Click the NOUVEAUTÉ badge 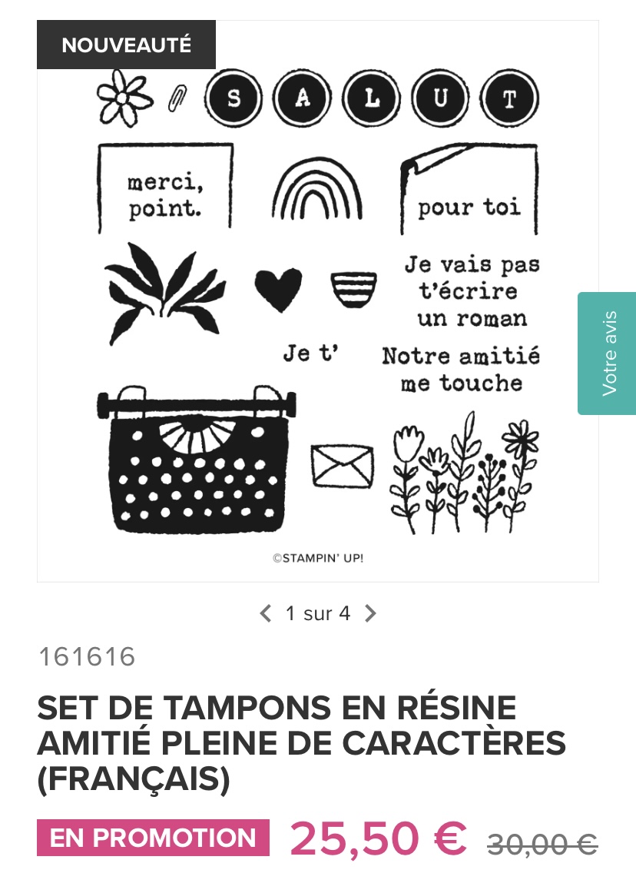[126, 45]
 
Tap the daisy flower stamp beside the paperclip [124, 98]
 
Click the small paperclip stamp [177, 98]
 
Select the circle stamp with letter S [234, 98]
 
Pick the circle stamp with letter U [440, 98]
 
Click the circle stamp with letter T [509, 98]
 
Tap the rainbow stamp [317, 188]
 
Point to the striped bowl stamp [353, 289]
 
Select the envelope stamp [343, 466]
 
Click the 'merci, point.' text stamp [165, 195]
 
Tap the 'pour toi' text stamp [469, 207]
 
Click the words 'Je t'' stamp [310, 353]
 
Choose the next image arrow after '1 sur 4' [370, 613]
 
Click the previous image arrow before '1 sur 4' [265, 613]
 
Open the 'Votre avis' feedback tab [607, 353]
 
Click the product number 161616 [87, 656]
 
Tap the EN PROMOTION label [153, 838]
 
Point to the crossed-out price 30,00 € [542, 844]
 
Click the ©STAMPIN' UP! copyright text [318, 558]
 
